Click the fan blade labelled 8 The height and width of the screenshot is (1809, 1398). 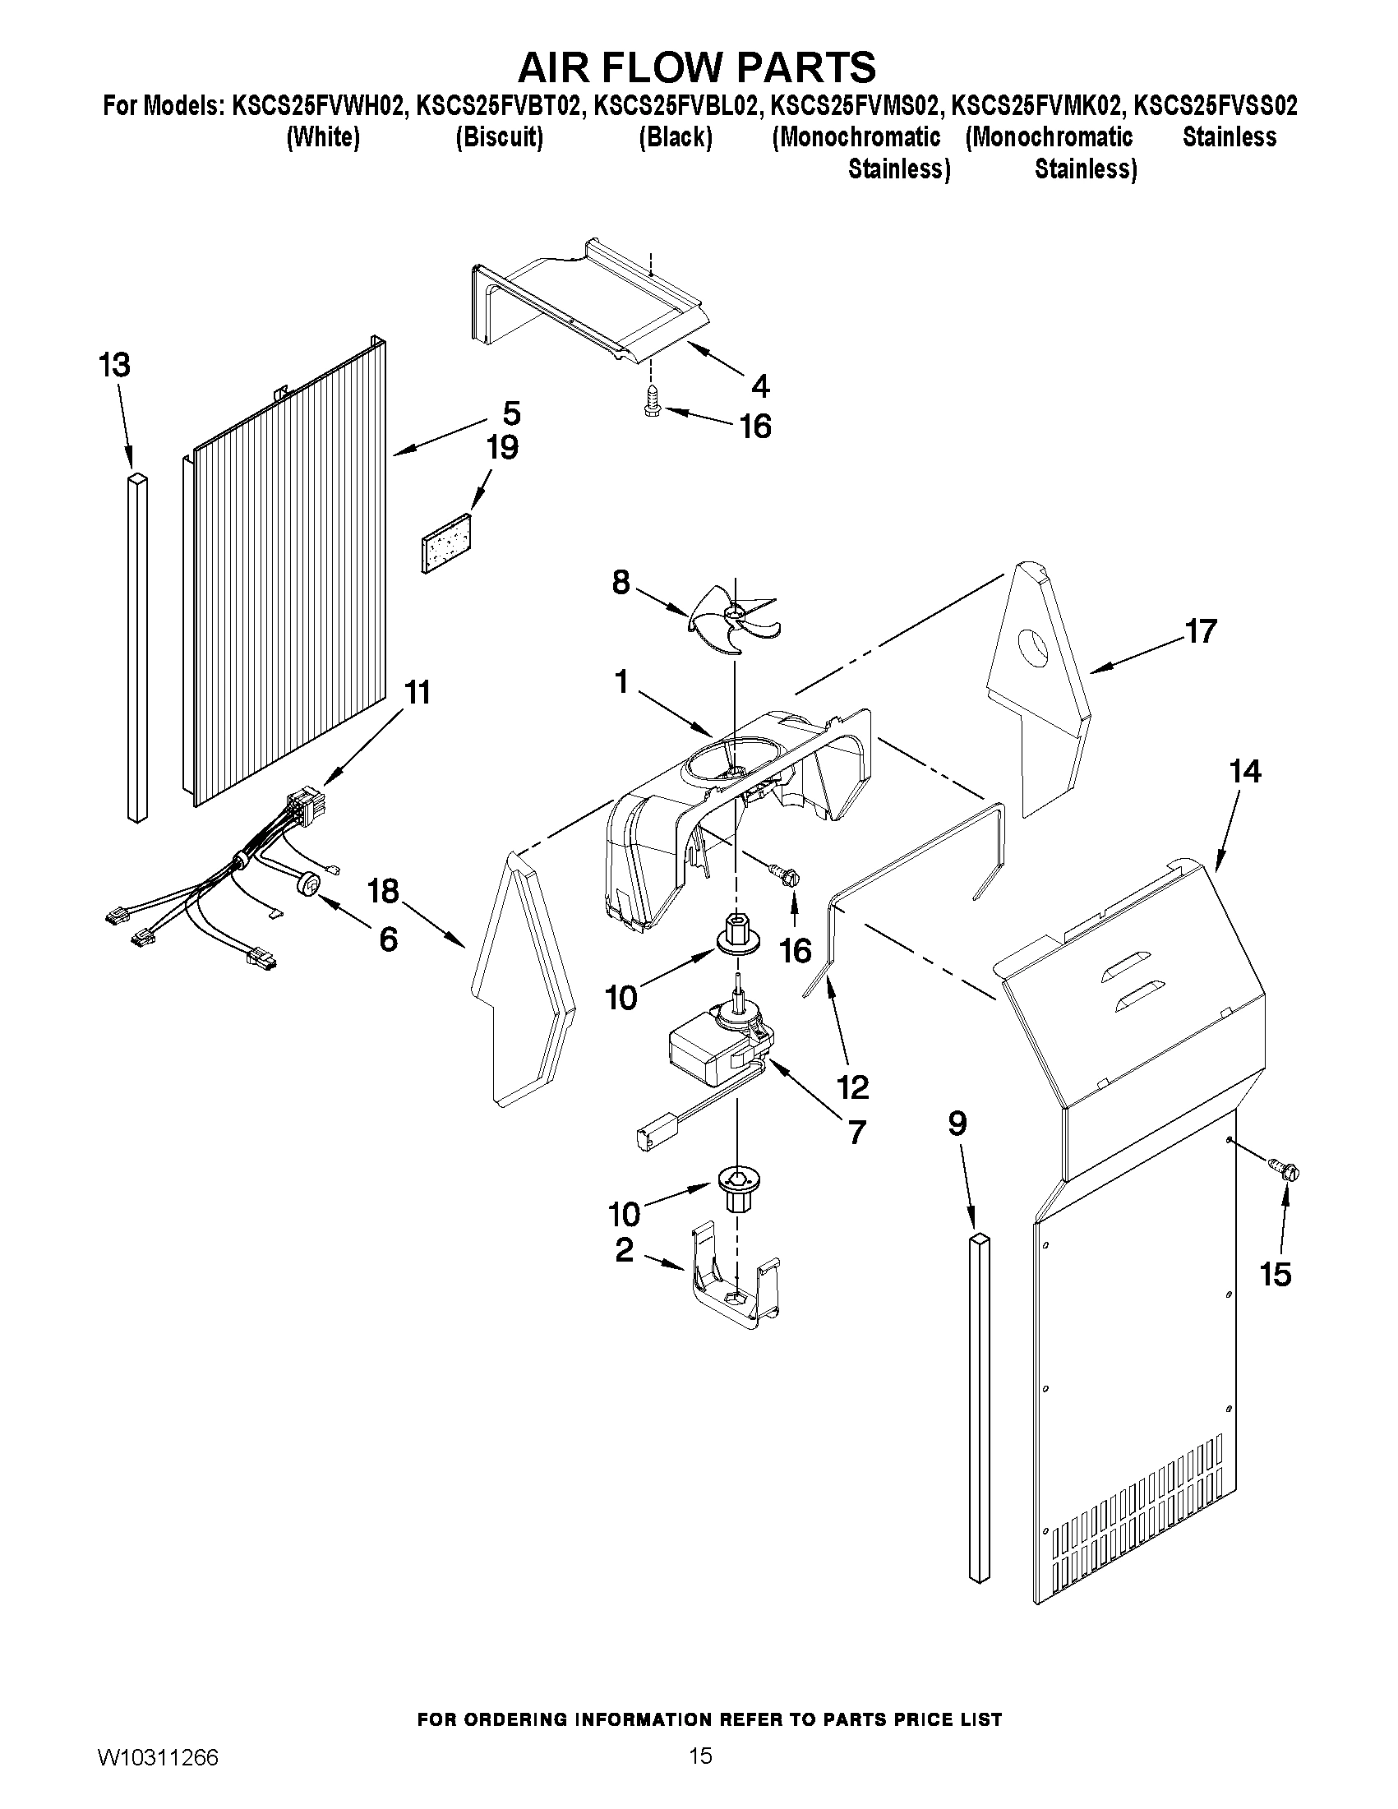pos(733,618)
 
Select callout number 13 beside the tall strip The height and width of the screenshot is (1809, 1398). pos(115,365)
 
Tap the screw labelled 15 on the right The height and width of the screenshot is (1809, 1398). pos(1286,1171)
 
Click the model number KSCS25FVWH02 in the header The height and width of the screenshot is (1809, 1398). pos(320,106)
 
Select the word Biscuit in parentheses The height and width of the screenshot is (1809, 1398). pos(500,136)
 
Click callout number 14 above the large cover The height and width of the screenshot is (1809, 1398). pos(1245,772)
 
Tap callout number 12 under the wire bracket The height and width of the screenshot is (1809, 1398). pos(853,1087)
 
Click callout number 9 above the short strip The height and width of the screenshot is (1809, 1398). pos(957,1124)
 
